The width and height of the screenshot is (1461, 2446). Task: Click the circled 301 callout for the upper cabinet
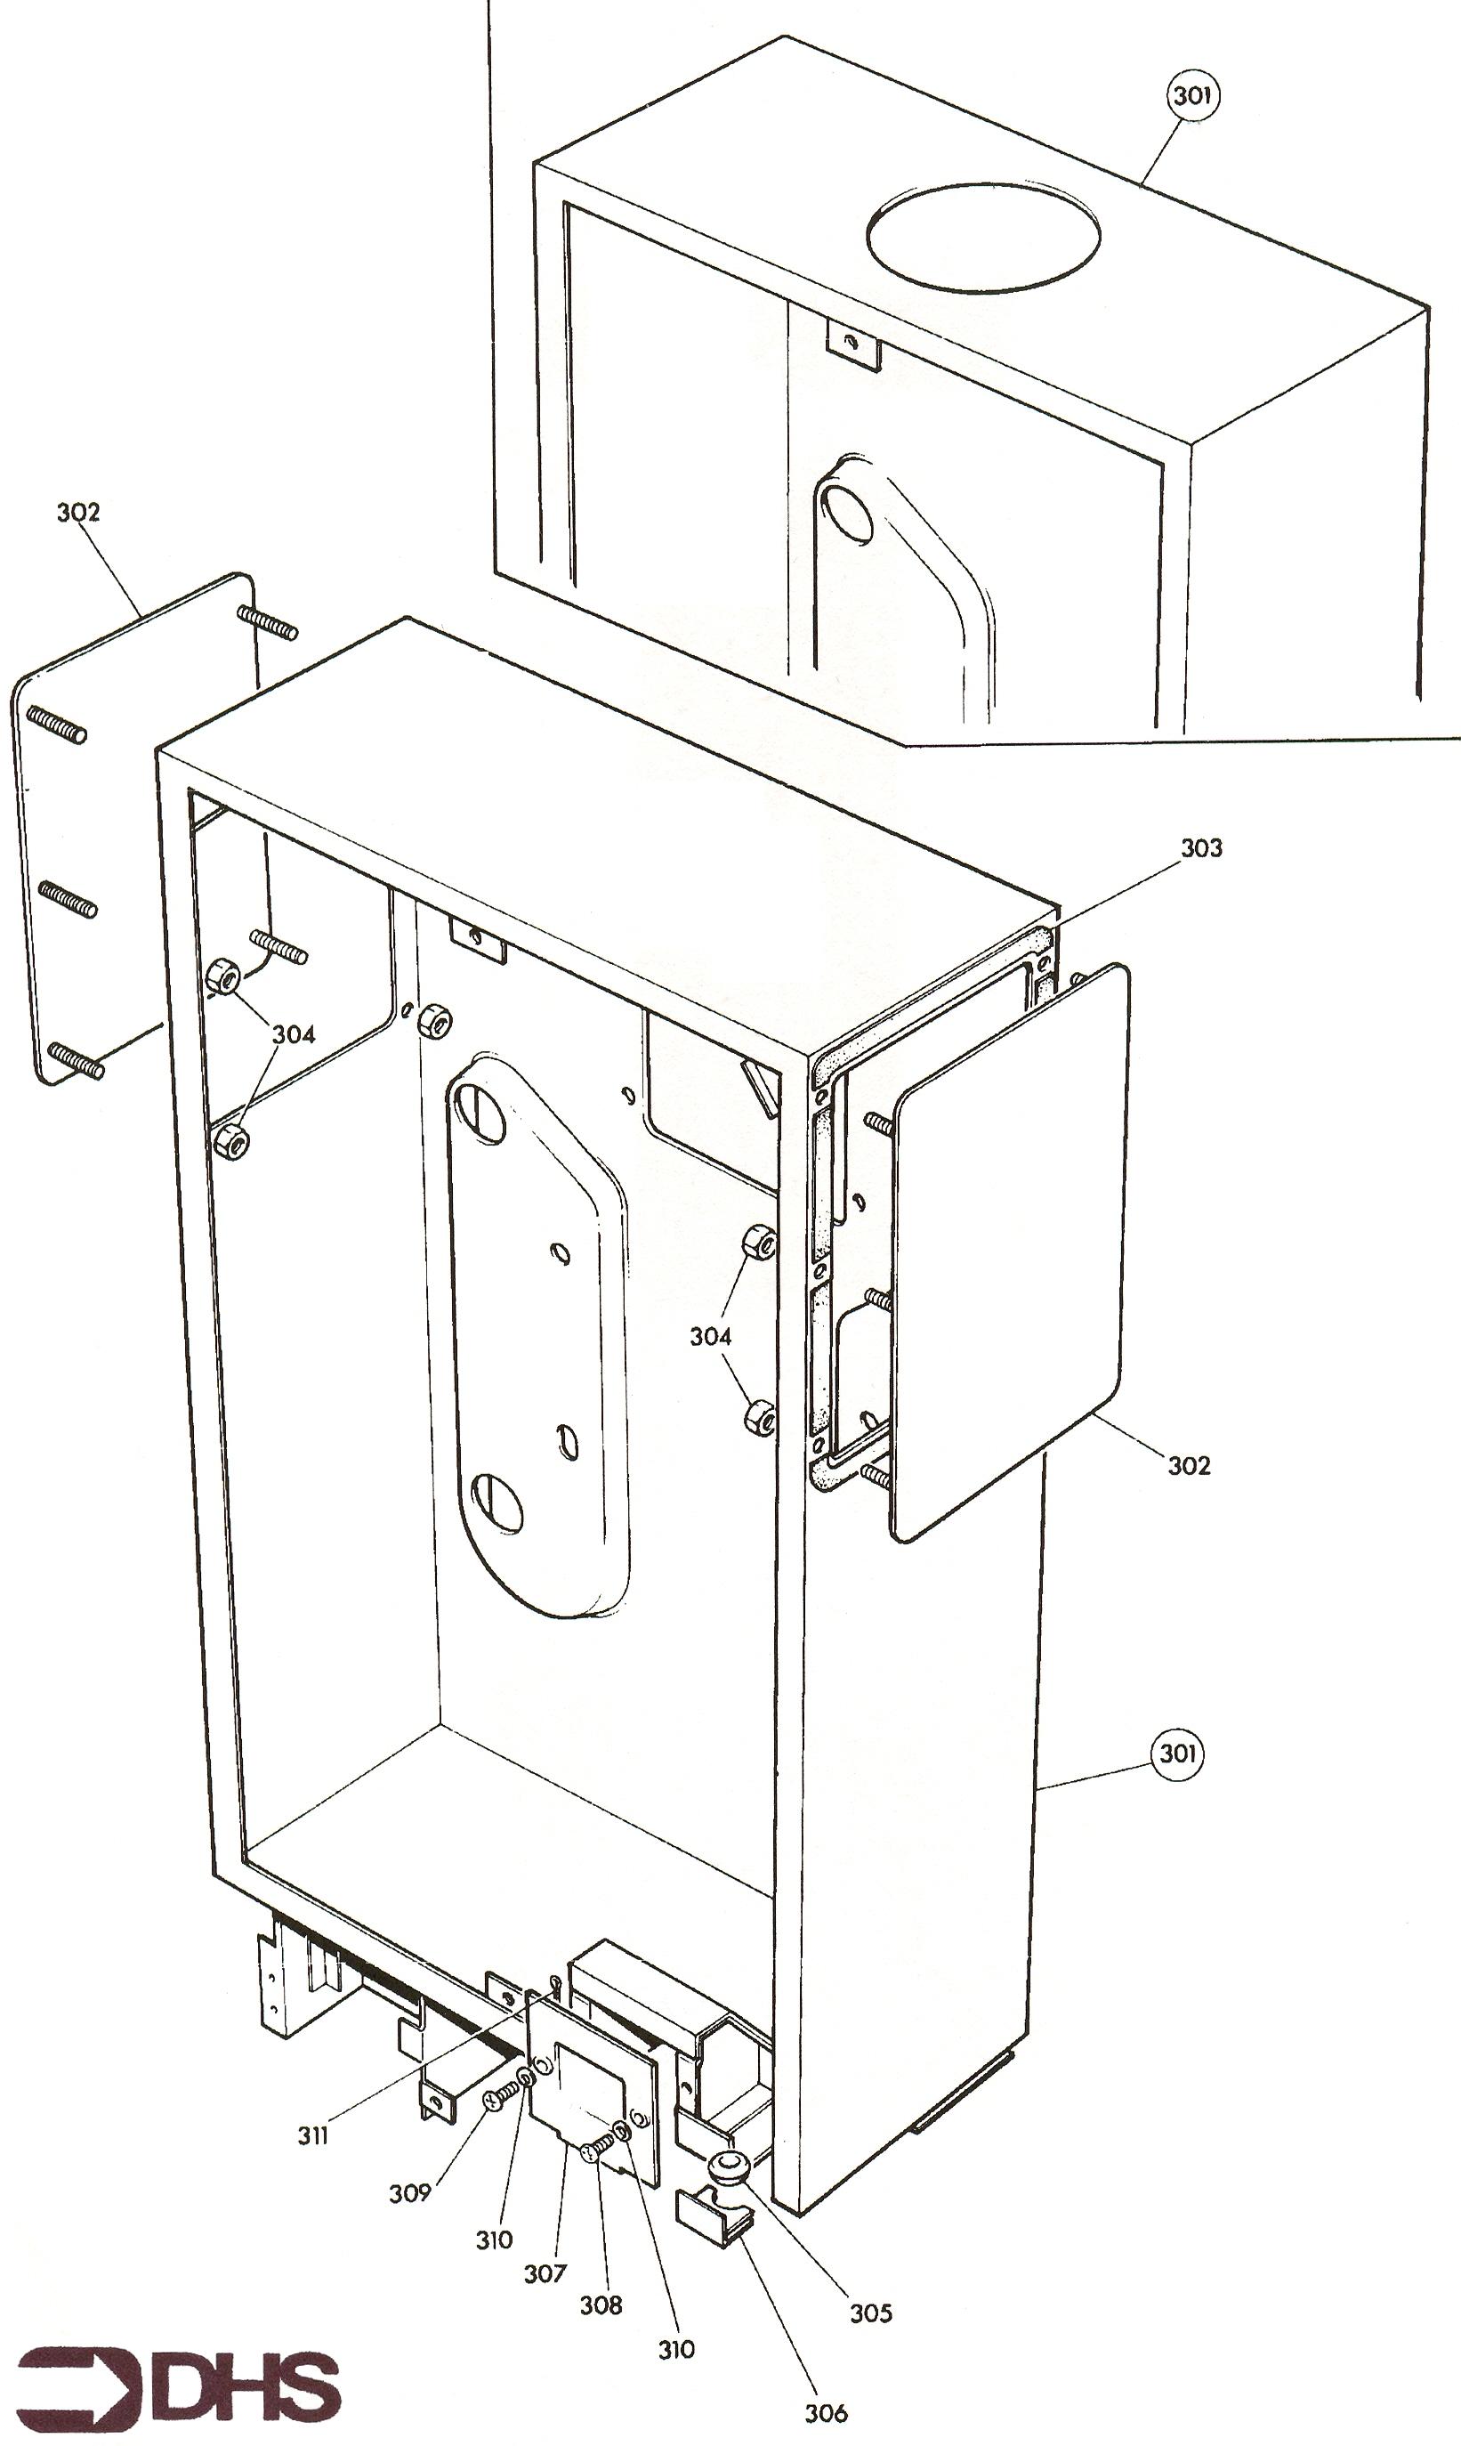coord(1192,96)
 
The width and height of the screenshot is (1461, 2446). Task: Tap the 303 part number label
coord(1201,848)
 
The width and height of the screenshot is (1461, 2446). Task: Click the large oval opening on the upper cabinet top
coord(982,235)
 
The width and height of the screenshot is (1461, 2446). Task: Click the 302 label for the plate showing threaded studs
coord(77,512)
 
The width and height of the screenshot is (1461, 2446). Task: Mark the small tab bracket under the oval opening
coord(852,344)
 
